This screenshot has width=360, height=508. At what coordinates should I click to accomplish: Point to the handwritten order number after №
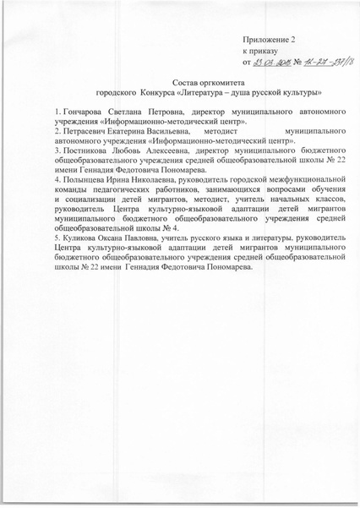tap(317, 62)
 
